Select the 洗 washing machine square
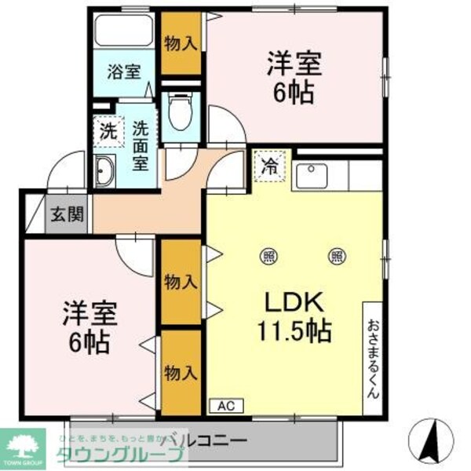pos(107,131)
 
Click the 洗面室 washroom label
pos(141,144)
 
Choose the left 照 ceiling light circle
pos(268,254)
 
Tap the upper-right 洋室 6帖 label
pos(295,77)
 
